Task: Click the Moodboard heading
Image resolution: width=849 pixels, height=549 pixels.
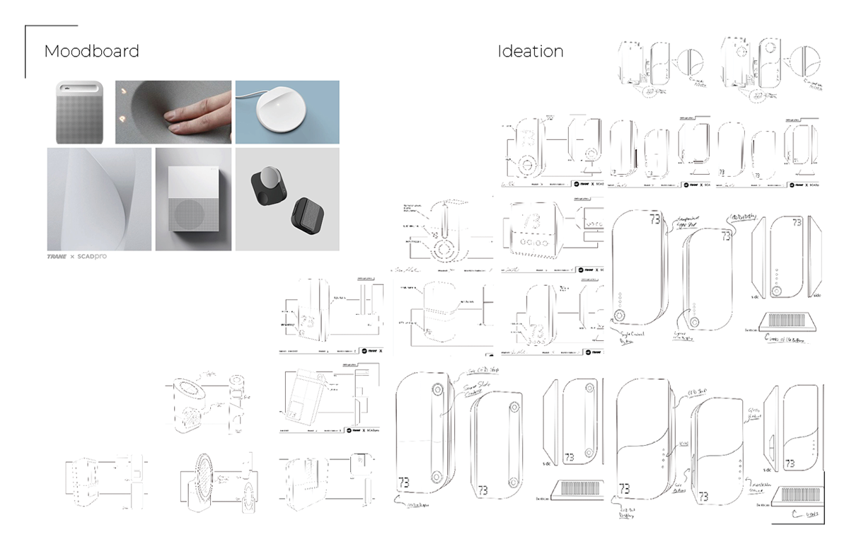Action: (91, 52)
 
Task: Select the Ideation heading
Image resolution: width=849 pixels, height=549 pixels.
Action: (530, 52)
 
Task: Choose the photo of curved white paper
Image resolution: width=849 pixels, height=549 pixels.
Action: (99, 199)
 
